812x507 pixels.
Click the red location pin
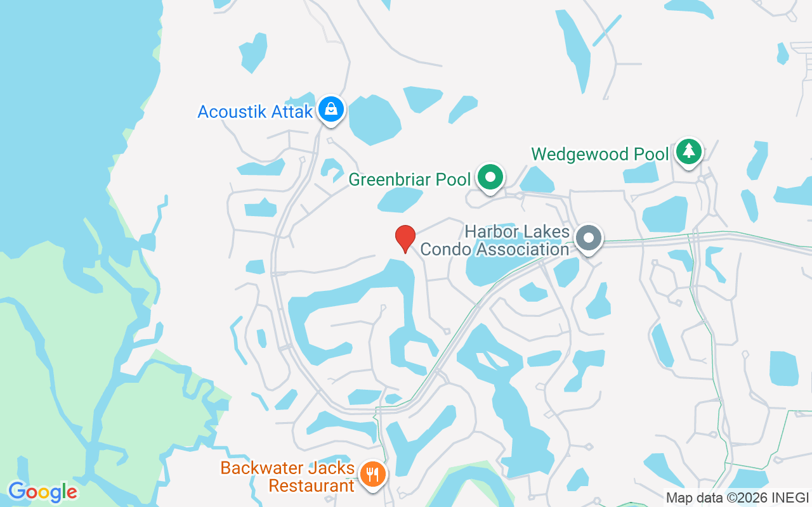click(x=405, y=238)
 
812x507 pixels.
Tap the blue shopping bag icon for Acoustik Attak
click(x=331, y=109)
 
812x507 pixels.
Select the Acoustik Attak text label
click(x=255, y=112)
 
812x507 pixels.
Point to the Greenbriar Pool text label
click(x=410, y=180)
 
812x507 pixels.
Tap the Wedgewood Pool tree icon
click(x=688, y=151)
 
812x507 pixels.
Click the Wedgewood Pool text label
click(x=599, y=154)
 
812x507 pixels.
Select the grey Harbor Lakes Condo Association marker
click(x=589, y=238)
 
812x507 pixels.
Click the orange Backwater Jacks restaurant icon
click(x=372, y=473)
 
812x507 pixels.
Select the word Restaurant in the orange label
click(x=311, y=486)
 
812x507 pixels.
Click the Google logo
click(x=43, y=492)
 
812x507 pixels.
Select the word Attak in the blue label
click(x=294, y=112)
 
